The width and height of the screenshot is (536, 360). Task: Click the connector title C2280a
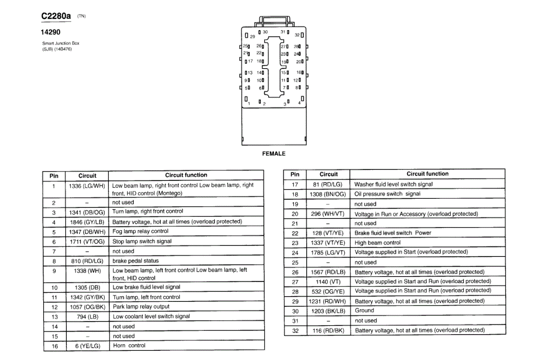(56, 16)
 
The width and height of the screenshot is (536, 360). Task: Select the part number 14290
(50, 32)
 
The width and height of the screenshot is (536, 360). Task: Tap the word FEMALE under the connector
(273, 154)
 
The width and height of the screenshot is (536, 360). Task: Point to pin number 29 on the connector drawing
(252, 37)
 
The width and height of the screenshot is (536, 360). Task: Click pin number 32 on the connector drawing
(297, 35)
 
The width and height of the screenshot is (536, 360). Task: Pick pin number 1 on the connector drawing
(249, 104)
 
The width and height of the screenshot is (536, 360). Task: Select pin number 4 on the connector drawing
(299, 103)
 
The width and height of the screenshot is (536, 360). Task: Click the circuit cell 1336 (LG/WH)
(87, 186)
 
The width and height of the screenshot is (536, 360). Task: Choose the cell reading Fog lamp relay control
(140, 232)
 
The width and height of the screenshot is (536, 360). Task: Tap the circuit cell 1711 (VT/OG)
(87, 242)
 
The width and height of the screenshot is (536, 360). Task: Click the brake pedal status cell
(135, 261)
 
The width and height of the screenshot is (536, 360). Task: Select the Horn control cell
(129, 346)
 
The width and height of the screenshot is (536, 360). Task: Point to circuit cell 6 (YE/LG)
(87, 346)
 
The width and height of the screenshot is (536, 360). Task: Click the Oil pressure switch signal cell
(387, 194)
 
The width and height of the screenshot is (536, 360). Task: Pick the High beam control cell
(377, 243)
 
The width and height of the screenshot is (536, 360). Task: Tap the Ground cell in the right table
(364, 311)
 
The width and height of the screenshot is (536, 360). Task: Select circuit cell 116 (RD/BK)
(328, 331)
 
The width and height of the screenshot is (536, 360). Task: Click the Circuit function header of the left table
(186, 175)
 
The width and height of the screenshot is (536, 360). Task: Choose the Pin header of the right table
(295, 174)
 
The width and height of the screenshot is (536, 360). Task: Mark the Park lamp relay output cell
(141, 307)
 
